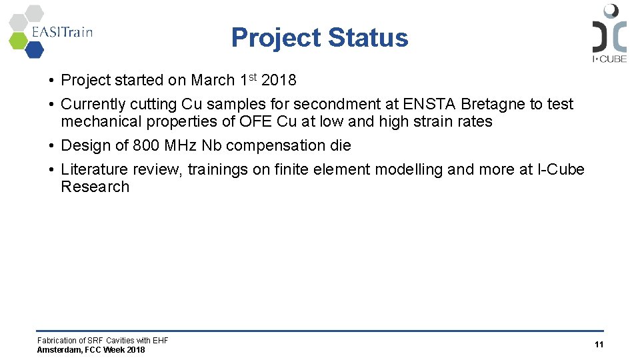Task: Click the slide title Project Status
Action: click(x=319, y=38)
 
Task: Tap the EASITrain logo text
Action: click(x=62, y=31)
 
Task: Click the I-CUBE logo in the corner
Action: click(x=609, y=33)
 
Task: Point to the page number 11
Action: click(x=599, y=345)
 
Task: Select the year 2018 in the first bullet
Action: click(x=279, y=81)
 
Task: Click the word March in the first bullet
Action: click(x=213, y=81)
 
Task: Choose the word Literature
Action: click(x=94, y=169)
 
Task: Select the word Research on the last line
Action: click(x=95, y=187)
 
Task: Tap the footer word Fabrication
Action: click(x=56, y=341)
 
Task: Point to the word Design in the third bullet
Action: click(x=83, y=145)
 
